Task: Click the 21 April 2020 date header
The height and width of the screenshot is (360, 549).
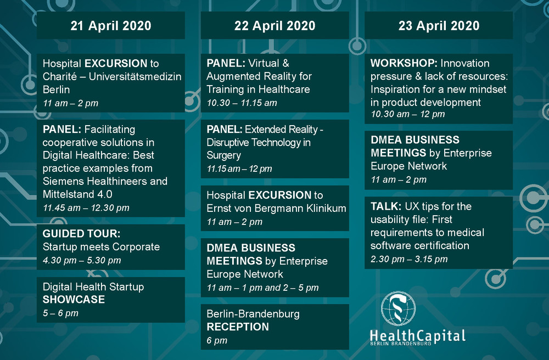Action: [x=111, y=26]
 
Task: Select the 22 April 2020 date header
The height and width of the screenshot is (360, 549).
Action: [x=275, y=26]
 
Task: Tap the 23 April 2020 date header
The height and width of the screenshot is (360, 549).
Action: [x=439, y=26]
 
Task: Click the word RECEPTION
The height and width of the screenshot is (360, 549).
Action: [x=238, y=327]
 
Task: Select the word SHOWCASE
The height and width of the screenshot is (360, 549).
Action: [x=74, y=300]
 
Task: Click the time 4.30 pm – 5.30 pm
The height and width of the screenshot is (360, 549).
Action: [x=82, y=260]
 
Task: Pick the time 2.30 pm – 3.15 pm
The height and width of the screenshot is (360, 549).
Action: [x=409, y=259]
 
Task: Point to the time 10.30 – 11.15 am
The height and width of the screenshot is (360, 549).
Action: [x=242, y=103]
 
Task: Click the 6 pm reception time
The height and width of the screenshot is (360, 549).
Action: [x=217, y=340]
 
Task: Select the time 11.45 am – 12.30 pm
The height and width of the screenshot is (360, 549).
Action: [x=86, y=208]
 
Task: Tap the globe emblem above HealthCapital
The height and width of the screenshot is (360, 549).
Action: [x=399, y=309]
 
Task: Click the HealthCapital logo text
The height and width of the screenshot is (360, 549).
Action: [x=418, y=337]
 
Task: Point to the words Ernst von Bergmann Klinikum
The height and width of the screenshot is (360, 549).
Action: [x=276, y=208]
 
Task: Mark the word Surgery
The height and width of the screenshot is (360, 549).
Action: [x=224, y=155]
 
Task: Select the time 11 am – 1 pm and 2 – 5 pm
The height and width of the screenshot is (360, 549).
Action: [x=262, y=288]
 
